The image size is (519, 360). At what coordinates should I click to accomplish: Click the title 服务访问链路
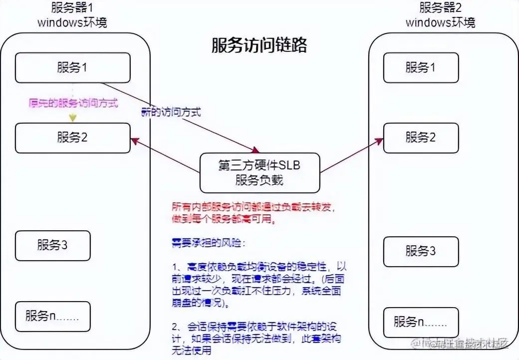(x=259, y=45)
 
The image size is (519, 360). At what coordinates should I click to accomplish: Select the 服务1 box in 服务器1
(x=72, y=68)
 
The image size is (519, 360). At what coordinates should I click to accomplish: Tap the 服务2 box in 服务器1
(x=72, y=138)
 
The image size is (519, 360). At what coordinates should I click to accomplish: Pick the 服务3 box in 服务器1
(x=52, y=245)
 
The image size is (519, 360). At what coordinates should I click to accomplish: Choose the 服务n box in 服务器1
(x=52, y=316)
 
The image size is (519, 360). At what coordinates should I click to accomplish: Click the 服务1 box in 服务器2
(x=421, y=68)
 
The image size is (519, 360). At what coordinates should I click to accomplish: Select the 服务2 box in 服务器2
(x=421, y=138)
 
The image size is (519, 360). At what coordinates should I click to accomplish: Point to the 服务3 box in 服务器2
(x=421, y=251)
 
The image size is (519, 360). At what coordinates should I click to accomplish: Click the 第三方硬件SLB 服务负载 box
(x=259, y=173)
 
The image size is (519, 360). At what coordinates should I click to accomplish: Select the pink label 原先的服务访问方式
(x=73, y=104)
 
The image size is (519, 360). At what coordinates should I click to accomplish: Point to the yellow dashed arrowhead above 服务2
(x=73, y=119)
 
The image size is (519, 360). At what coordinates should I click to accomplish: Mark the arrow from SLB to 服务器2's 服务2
(x=352, y=157)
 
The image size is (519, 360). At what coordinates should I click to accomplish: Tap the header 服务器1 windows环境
(x=72, y=15)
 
